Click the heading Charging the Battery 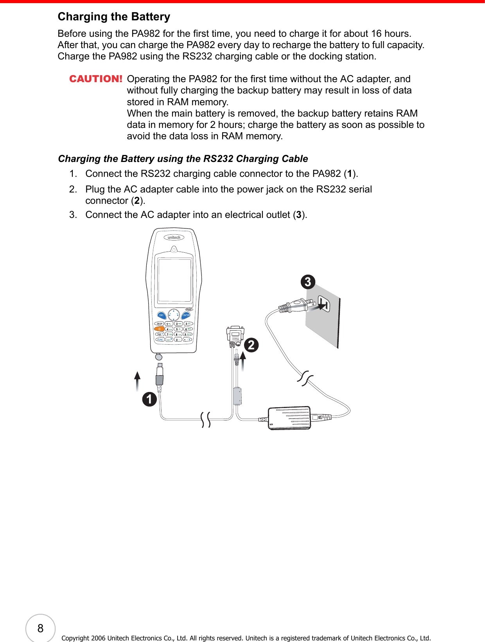point(114,16)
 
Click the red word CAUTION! point(96,79)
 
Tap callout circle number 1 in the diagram point(149,399)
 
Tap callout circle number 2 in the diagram point(251,345)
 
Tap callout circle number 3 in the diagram point(308,282)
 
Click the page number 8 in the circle point(40,628)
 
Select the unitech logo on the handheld point(174,237)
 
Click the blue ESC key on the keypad point(161,315)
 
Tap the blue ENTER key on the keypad point(187,315)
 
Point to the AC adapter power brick point(289,418)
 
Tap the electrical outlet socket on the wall point(324,303)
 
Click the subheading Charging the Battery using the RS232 point(183,158)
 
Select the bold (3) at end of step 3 point(299,215)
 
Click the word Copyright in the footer point(75,638)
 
